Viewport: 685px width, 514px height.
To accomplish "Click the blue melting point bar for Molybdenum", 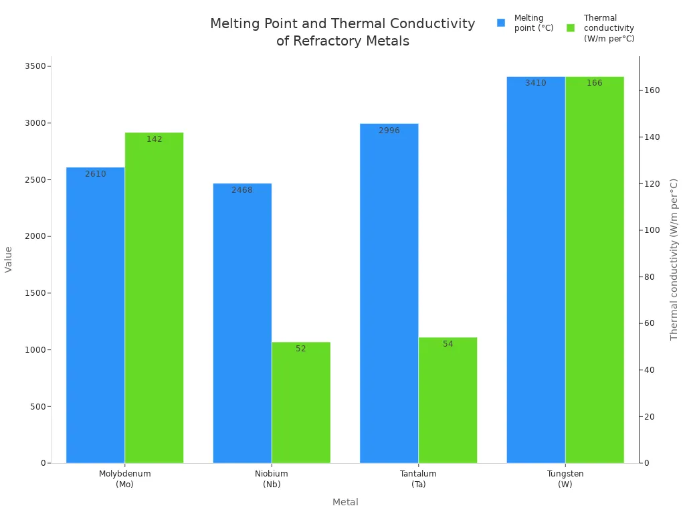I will pyautogui.click(x=95, y=315).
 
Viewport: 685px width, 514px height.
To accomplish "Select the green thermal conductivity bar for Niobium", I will pyautogui.click(x=301, y=402).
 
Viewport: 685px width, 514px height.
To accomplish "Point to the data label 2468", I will pyautogui.click(x=242, y=190).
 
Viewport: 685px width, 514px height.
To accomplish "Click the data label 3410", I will pyautogui.click(x=535, y=83).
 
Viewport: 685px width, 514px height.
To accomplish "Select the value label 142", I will pyautogui.click(x=154, y=139).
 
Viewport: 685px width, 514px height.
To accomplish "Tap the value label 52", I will pyautogui.click(x=301, y=349).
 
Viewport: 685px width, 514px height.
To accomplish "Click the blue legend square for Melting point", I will pyautogui.click(x=501, y=23).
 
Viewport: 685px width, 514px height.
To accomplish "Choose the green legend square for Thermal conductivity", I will pyautogui.click(x=571, y=28).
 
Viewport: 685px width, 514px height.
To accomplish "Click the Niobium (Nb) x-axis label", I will pyautogui.click(x=272, y=479).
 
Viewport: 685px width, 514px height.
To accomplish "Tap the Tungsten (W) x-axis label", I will pyautogui.click(x=565, y=479).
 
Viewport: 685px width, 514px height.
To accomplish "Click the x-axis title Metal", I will pyautogui.click(x=345, y=502).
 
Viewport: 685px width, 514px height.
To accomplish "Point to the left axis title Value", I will pyautogui.click(x=9, y=259).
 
